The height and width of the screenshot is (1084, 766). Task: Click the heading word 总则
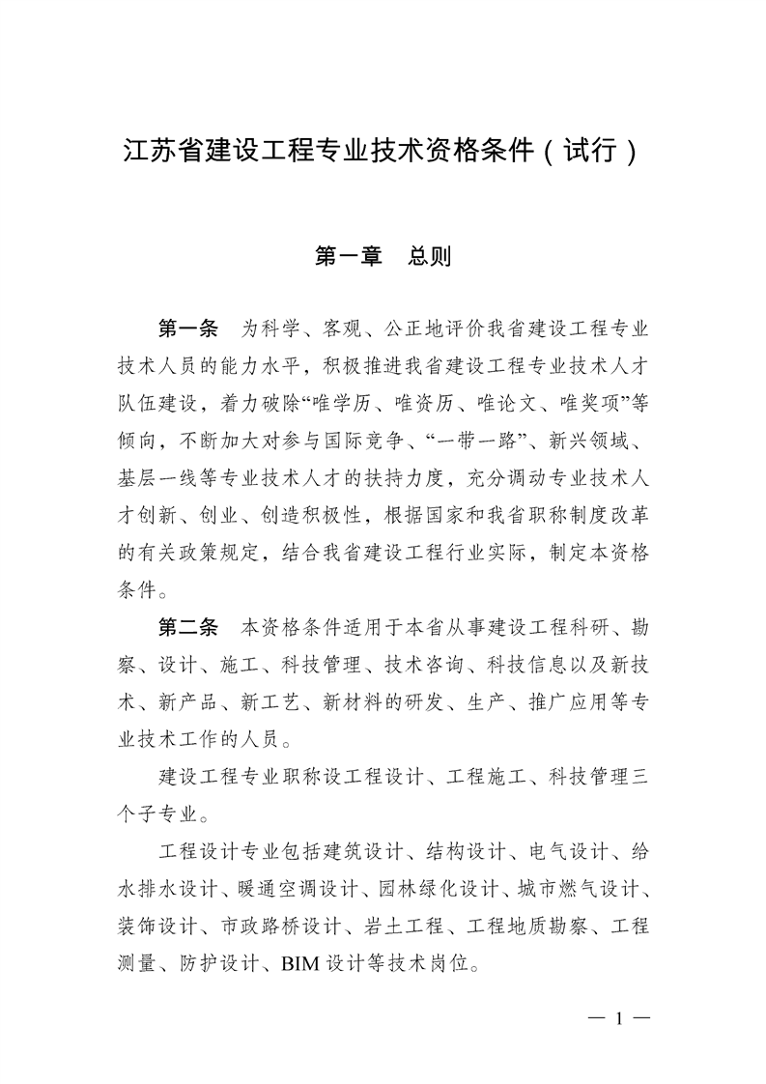pyautogui.click(x=429, y=257)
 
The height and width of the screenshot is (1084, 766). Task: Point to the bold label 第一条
pyautogui.click(x=189, y=328)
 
